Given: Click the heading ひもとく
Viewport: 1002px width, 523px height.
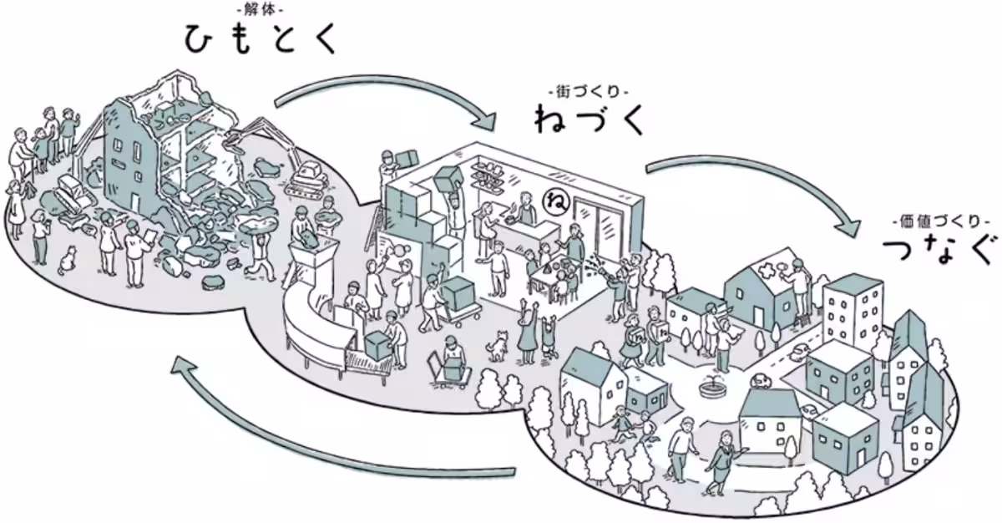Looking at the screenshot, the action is pos(260,39).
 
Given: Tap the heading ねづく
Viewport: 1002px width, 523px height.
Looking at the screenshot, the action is pos(589,119).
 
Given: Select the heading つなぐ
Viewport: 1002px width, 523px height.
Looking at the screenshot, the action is pos(941,250).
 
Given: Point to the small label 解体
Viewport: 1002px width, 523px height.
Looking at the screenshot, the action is pos(260,10).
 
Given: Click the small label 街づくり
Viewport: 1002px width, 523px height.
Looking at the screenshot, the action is pos(589,92).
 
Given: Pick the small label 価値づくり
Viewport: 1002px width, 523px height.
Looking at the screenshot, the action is pos(941,221).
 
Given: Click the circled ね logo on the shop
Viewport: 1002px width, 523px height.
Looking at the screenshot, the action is pos(556,201).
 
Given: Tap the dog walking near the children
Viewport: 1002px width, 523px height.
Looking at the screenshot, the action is pos(497,345).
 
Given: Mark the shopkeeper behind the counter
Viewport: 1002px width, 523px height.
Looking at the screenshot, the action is pos(526,209).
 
